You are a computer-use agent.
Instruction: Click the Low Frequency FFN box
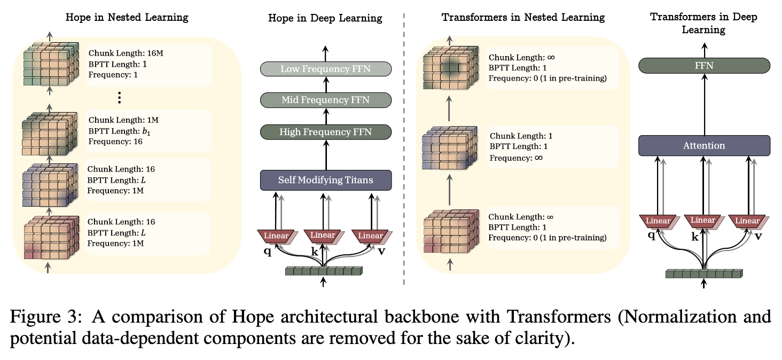click(x=326, y=68)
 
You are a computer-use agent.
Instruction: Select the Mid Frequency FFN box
click(x=326, y=100)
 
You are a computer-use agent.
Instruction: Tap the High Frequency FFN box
click(x=326, y=132)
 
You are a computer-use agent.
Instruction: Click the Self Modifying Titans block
click(x=326, y=180)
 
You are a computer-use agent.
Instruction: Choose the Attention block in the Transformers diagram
click(x=704, y=145)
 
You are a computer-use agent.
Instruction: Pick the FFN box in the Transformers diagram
click(x=704, y=66)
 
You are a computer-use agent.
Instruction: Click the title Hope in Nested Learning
click(x=127, y=17)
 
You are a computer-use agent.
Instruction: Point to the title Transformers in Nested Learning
click(x=523, y=17)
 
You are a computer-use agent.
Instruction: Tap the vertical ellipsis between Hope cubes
click(x=120, y=98)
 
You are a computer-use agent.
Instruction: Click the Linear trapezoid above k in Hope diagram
click(x=323, y=236)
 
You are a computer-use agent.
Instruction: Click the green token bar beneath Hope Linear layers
click(x=324, y=271)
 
